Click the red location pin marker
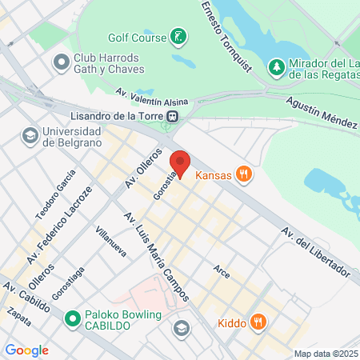(180, 163)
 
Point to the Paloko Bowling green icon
(72, 319)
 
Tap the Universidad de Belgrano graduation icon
(30, 135)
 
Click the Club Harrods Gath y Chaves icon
(60, 62)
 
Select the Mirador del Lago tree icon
(276, 66)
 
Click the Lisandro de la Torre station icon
(171, 115)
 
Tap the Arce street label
(222, 273)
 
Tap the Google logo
(26, 350)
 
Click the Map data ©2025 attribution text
(326, 354)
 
